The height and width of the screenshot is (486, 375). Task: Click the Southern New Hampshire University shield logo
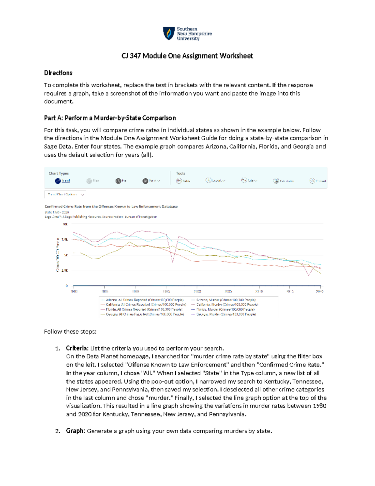point(169,33)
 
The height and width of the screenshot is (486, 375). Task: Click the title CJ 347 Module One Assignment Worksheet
point(187,56)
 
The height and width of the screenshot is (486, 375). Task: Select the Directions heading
point(58,73)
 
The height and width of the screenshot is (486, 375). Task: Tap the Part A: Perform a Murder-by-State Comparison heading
point(110,118)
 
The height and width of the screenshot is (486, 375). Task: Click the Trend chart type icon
point(58,181)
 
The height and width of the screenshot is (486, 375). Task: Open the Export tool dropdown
point(215,181)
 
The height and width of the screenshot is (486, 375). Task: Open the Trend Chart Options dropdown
point(65,195)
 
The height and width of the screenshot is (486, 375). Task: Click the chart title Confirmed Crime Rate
point(111,207)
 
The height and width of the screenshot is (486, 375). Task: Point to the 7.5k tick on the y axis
point(64,239)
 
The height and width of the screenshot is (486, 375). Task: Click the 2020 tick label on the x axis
point(319,291)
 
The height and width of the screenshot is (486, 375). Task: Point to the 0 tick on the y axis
point(67,286)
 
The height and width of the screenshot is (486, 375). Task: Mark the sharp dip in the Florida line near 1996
point(173,262)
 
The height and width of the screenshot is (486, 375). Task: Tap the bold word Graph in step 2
point(75,431)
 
